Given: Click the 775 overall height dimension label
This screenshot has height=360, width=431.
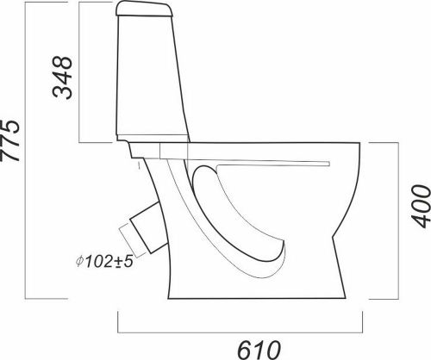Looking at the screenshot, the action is pos(10,140).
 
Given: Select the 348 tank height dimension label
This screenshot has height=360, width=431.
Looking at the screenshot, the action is pos(62,77).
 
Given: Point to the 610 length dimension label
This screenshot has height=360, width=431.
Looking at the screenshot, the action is pos(259,351).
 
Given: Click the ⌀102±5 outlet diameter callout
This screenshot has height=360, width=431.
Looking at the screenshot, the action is pos(104,261).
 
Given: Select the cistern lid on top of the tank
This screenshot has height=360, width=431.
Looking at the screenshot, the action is pos(144,9).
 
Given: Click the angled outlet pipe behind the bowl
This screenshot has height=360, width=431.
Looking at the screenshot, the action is pos(148,227).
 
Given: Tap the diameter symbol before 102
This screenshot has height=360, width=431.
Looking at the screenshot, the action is pos(79,261).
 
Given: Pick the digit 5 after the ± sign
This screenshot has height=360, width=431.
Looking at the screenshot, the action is pos(129,261).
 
